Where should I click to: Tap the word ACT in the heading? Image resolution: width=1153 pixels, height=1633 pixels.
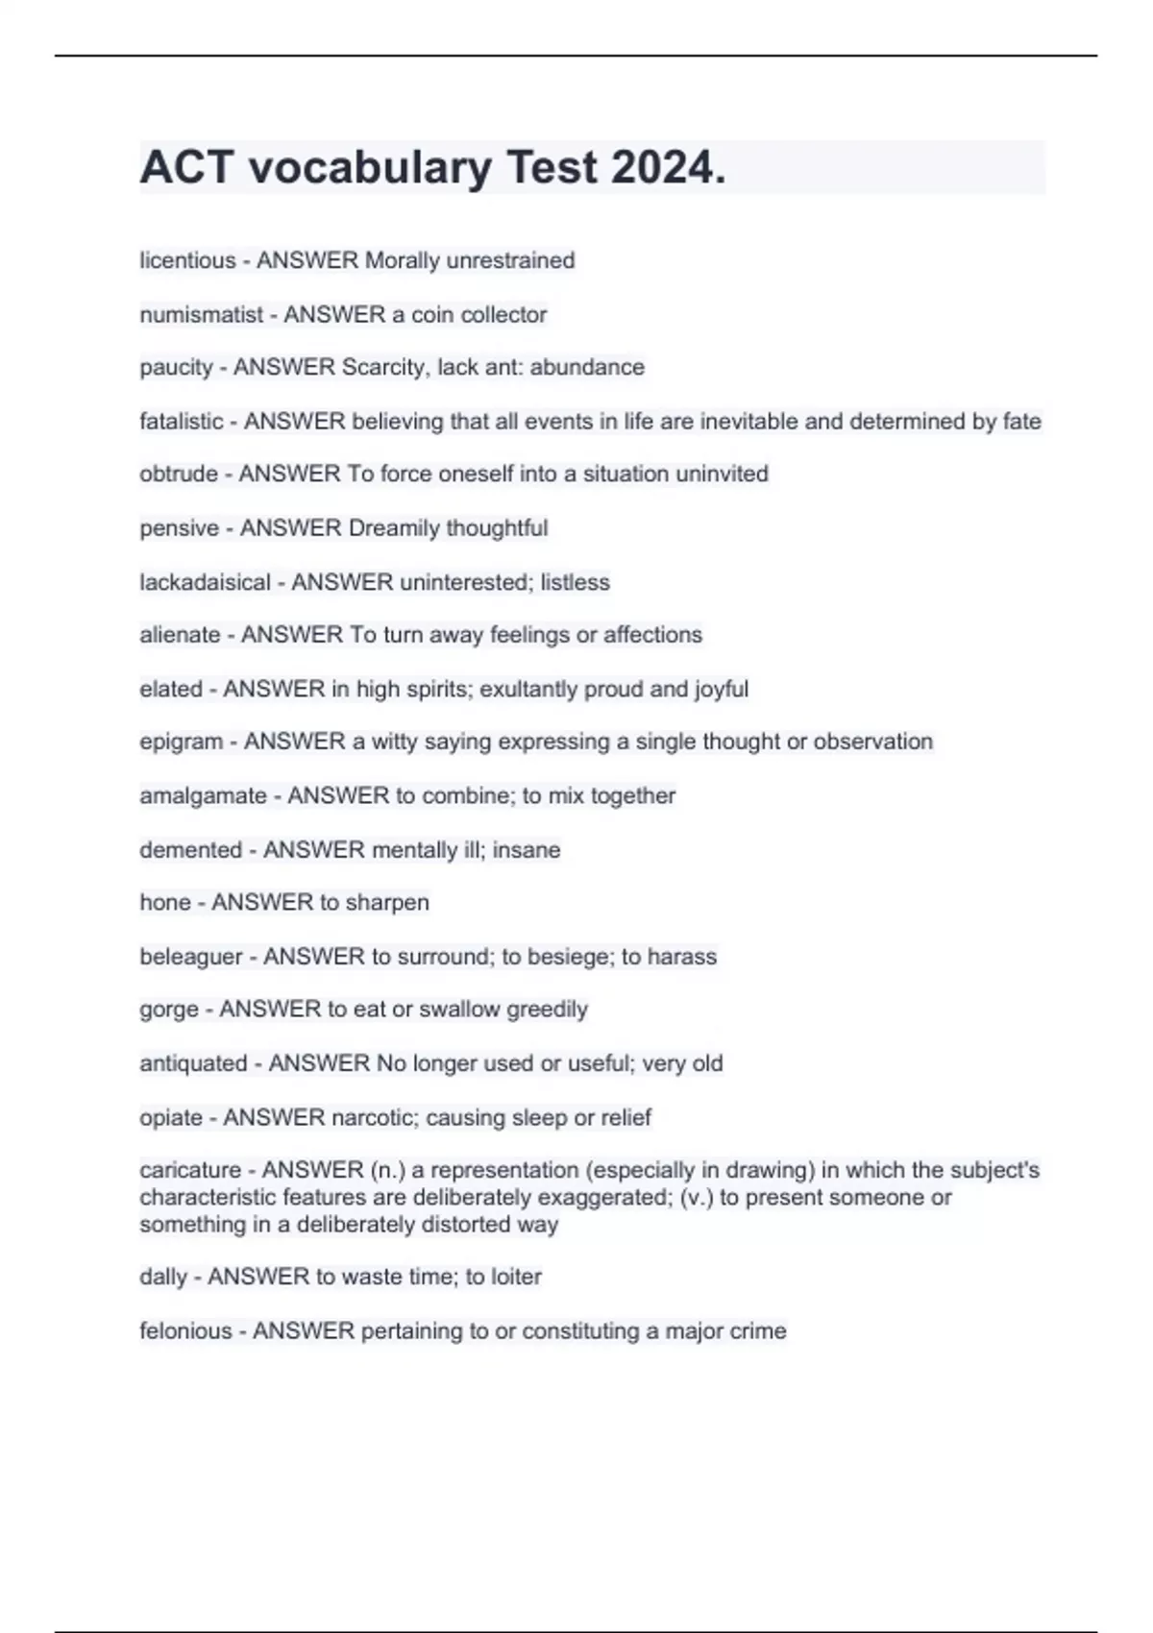point(186,167)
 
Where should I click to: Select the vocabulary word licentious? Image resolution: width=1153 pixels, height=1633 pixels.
point(187,260)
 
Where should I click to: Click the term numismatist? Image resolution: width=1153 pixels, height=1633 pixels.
point(201,314)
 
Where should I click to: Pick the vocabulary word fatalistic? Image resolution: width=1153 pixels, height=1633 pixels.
point(182,421)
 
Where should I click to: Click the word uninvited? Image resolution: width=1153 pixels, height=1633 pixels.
point(723,474)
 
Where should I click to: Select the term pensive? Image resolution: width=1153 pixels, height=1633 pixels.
point(179,527)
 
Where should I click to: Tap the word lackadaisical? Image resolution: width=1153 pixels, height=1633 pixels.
point(205,582)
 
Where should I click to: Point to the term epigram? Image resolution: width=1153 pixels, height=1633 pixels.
point(182,742)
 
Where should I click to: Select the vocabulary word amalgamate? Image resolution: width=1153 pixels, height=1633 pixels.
point(203,795)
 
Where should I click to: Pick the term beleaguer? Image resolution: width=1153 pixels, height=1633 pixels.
point(191,956)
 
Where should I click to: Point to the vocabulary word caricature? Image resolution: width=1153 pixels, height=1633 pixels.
point(190,1170)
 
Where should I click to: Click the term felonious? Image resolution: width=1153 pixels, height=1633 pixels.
point(185,1330)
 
